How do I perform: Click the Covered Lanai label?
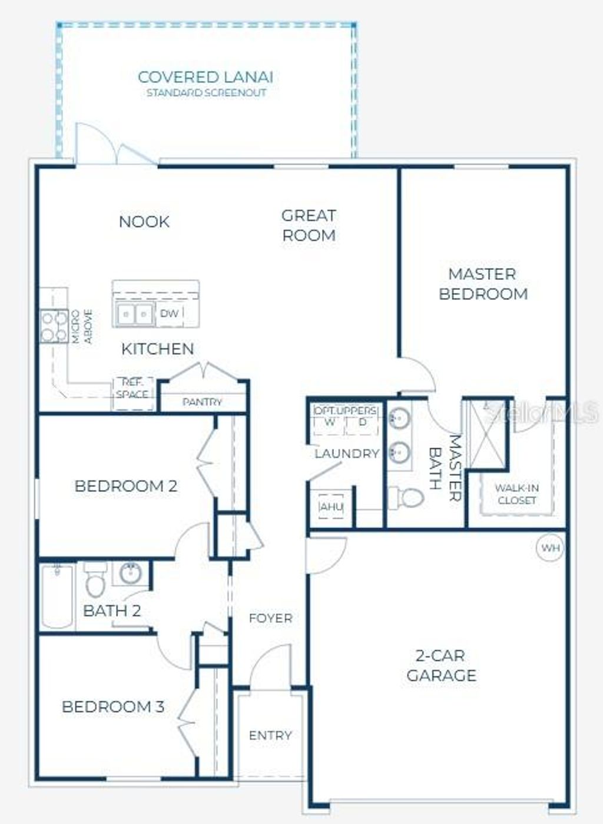point(206,78)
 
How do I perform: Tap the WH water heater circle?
point(551,548)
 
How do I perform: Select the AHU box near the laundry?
point(331,506)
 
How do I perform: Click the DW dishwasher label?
point(169,314)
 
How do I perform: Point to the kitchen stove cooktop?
point(54,326)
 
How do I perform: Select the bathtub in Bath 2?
point(57,596)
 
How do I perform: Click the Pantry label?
point(202,402)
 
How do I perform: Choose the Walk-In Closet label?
point(516,494)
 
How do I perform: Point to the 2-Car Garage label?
point(441,665)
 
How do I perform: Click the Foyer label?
point(270,618)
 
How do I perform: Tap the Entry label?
point(270,735)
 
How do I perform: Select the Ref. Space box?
point(133,389)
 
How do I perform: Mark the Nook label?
point(144,222)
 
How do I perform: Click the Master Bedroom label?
point(483,283)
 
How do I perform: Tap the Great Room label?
point(309,225)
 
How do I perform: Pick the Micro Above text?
point(82,327)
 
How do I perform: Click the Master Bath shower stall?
point(486,434)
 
